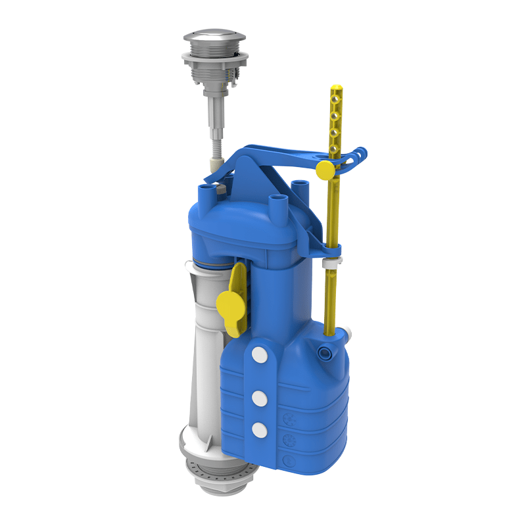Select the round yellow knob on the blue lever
click(324, 170)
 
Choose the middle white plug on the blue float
click(259, 397)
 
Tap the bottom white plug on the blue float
click(259, 429)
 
